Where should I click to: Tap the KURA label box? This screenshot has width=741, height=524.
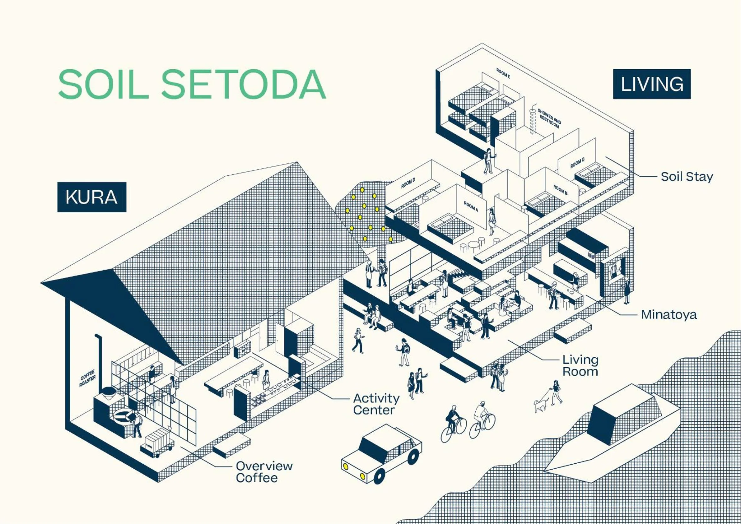[x=92, y=197]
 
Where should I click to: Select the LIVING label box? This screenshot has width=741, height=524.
[x=652, y=84]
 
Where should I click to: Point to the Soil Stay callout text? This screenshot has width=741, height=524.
[x=687, y=177]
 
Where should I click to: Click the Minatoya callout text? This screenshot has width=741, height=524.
[x=669, y=315]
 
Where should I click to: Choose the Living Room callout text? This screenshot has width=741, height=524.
[x=580, y=366]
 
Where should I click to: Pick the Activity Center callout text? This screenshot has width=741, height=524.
[x=376, y=404]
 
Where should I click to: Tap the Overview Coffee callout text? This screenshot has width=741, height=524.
[x=264, y=472]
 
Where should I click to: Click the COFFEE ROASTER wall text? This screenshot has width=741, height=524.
[x=87, y=378]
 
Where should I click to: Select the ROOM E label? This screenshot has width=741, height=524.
[x=503, y=74]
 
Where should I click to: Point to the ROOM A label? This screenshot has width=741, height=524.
[x=471, y=206]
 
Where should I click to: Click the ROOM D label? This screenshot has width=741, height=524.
[x=408, y=183]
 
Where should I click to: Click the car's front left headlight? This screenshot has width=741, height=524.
[x=345, y=466]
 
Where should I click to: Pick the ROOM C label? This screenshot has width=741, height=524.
[x=577, y=163]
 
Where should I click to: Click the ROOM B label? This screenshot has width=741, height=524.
[x=560, y=190]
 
